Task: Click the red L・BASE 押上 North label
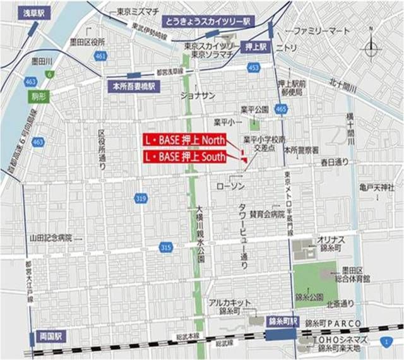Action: (183, 140)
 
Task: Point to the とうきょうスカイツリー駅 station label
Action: (206, 21)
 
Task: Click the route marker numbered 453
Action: (253, 68)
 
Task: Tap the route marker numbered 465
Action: (281, 110)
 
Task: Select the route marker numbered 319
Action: (140, 200)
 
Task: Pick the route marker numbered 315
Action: (165, 247)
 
